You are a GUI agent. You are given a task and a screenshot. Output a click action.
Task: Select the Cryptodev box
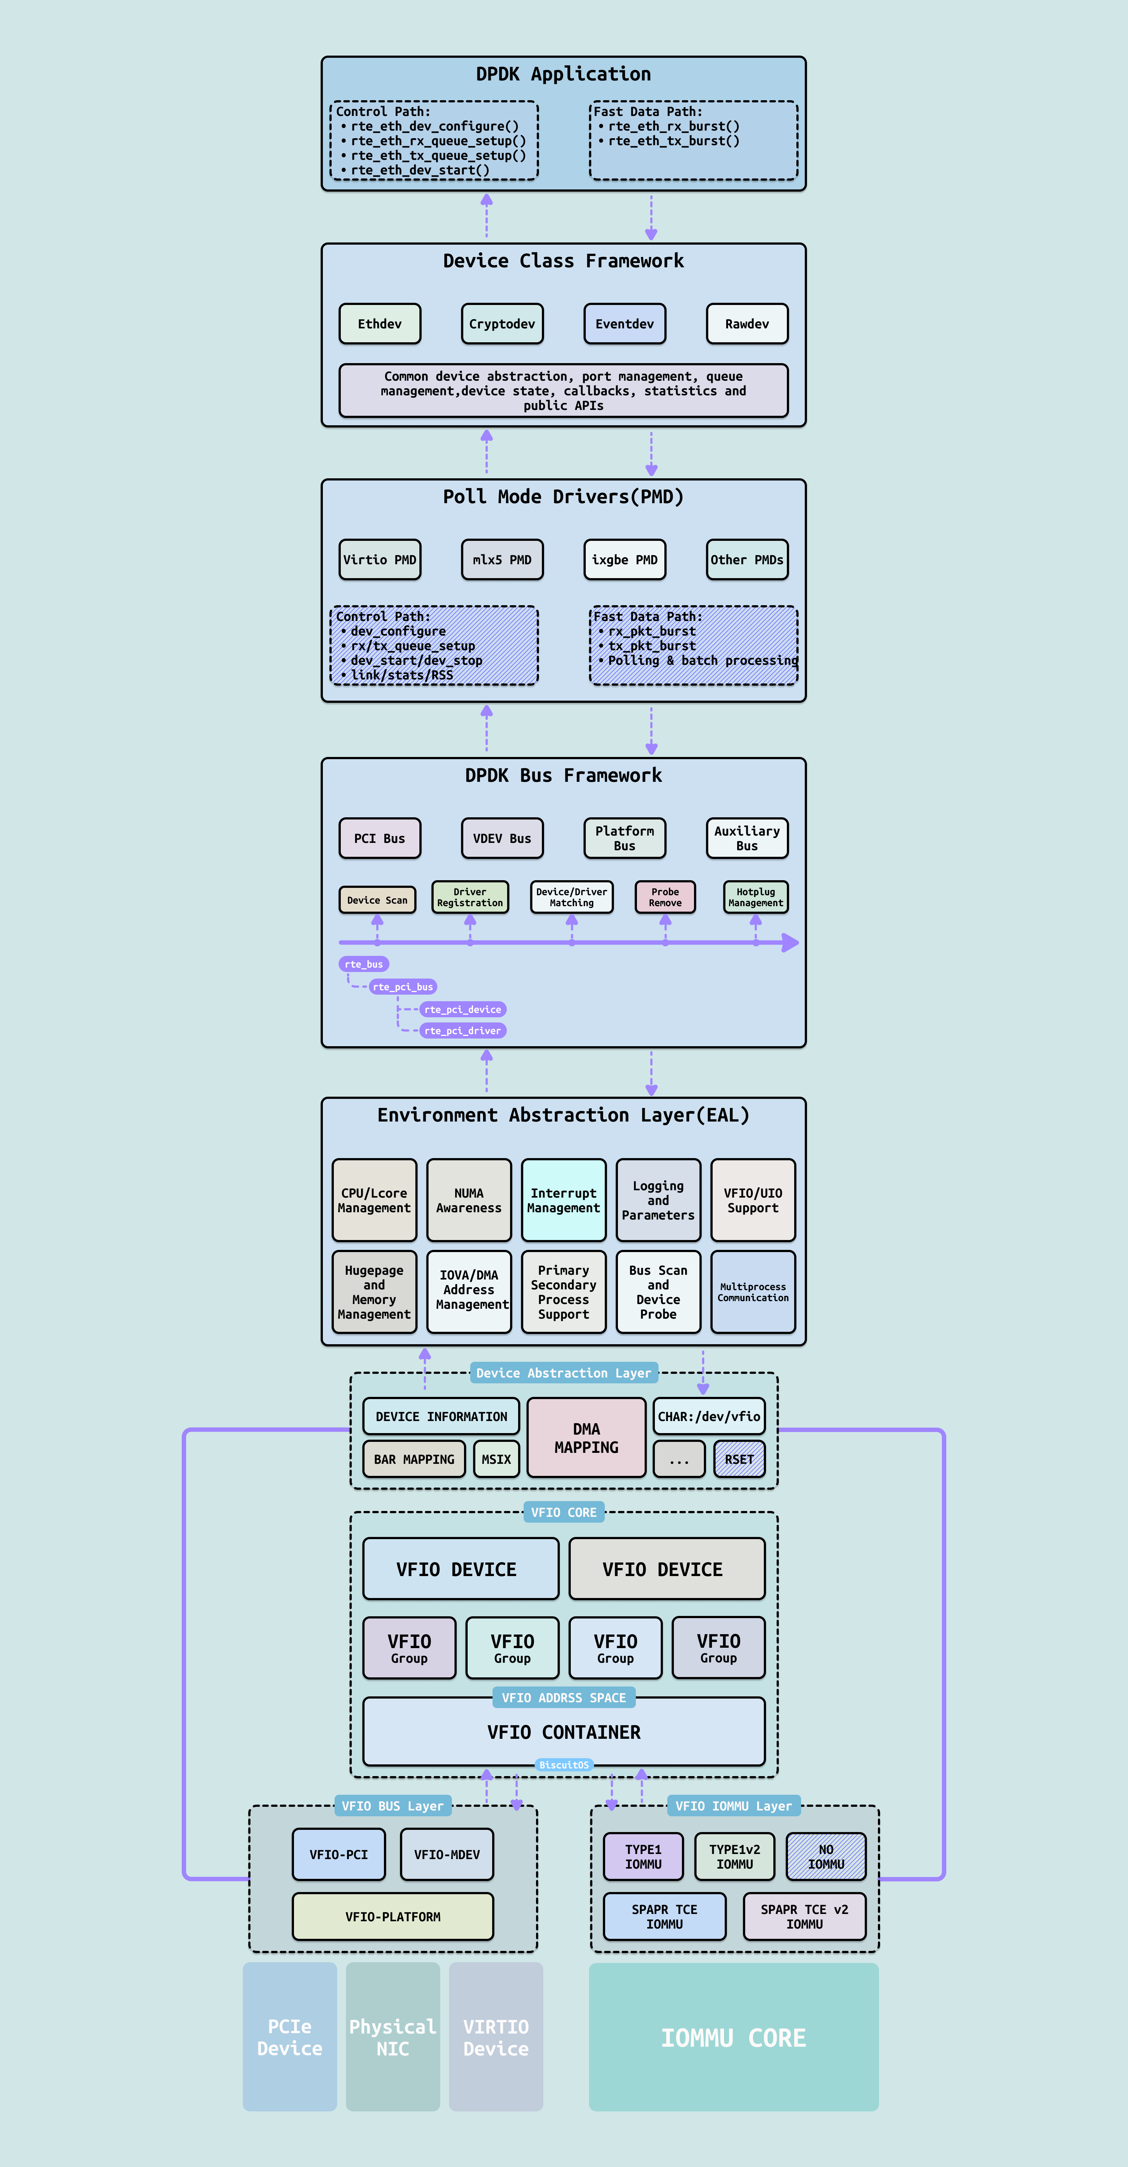point(502,324)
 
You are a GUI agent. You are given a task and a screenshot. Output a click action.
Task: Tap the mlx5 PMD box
point(502,559)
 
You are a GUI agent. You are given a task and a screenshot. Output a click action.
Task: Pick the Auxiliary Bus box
point(747,838)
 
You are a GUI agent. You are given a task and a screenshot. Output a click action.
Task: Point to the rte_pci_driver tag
point(463,1030)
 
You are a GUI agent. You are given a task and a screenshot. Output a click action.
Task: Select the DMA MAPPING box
point(586,1437)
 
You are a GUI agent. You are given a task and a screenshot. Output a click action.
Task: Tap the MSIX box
point(496,1459)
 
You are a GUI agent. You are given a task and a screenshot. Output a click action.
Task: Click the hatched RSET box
point(739,1459)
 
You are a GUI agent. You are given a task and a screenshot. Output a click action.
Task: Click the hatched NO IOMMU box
point(826,1857)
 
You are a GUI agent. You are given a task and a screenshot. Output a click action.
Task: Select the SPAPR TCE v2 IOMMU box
point(804,1916)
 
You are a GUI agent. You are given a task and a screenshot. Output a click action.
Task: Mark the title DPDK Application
point(563,74)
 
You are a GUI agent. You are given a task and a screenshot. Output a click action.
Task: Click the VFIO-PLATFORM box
point(393,1916)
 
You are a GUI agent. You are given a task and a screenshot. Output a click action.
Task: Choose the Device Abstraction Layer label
point(563,1373)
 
